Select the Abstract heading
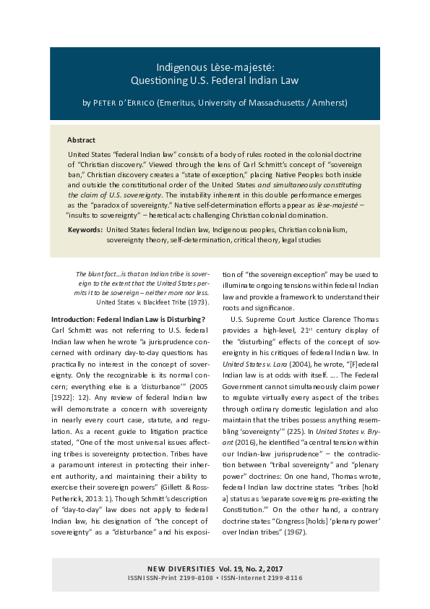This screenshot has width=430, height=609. (81, 140)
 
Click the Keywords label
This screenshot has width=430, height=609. (85, 229)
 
